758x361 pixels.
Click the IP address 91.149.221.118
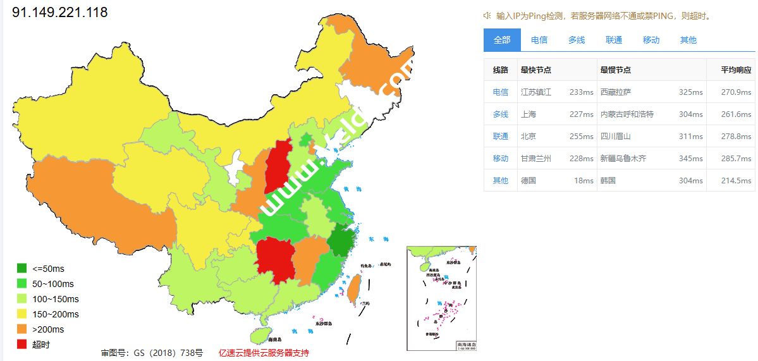pos(60,12)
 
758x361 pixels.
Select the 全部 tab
pos(502,40)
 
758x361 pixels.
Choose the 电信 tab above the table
pos(539,40)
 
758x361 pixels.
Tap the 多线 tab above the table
pos(577,40)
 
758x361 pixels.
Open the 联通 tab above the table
pos(614,40)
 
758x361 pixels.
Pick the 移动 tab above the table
pos(651,40)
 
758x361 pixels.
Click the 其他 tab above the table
pos(688,40)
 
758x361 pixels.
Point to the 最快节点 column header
pos(535,70)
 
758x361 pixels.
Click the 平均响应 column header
pos(737,70)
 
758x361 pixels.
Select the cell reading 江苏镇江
pos(536,92)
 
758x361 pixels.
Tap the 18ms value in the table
pos(584,180)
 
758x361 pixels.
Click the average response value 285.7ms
pos(737,158)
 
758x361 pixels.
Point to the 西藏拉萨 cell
pos(616,92)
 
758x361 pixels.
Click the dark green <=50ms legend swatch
pos(22,269)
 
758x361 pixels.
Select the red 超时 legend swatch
pos(22,345)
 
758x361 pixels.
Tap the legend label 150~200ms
pos(56,314)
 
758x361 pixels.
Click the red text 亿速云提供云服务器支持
pos(264,353)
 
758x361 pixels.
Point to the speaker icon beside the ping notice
pos(487,15)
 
